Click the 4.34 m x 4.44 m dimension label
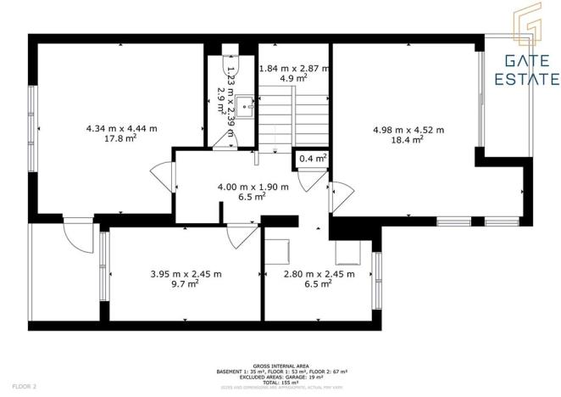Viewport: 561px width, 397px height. pyautogui.click(x=121, y=128)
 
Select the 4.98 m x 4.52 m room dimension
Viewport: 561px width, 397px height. pyautogui.click(x=408, y=130)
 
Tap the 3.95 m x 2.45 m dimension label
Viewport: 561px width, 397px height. pyautogui.click(x=186, y=274)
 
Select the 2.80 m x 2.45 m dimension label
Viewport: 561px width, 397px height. pyautogui.click(x=319, y=274)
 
